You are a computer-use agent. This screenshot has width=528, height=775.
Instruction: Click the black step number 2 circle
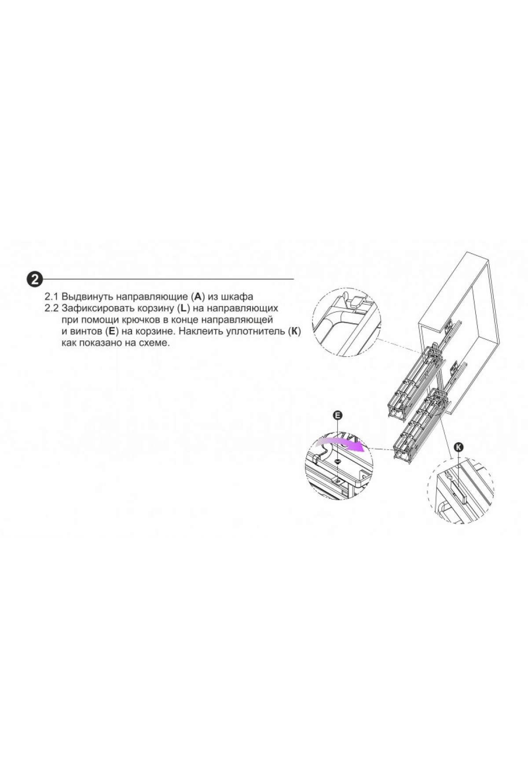34,279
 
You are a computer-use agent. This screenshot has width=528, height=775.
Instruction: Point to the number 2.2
52,308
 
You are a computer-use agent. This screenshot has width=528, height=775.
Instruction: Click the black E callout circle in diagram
338,415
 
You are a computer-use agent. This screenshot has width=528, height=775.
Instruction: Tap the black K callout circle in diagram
459,447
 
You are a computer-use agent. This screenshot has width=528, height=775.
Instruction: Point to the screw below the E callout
337,461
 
